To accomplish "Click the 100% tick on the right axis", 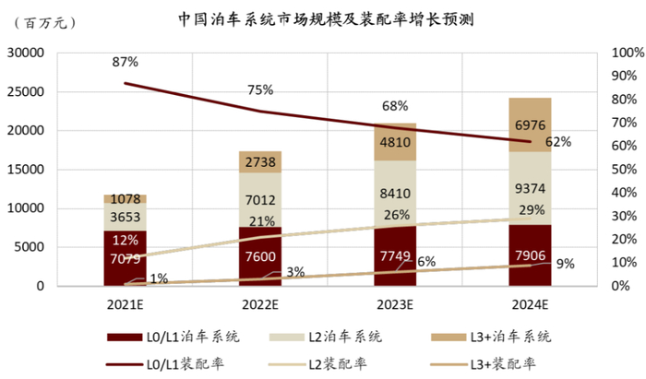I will [x=623, y=53].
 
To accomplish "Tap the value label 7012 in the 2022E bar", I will [x=260, y=201].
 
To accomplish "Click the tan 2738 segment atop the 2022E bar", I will [x=260, y=161].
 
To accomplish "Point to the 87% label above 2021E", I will [x=125, y=62].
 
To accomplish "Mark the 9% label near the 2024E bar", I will [x=566, y=263].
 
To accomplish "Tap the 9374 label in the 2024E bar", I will [x=530, y=188].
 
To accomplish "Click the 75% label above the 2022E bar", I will [x=260, y=89].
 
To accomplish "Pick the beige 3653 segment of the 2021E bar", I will [x=126, y=217].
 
